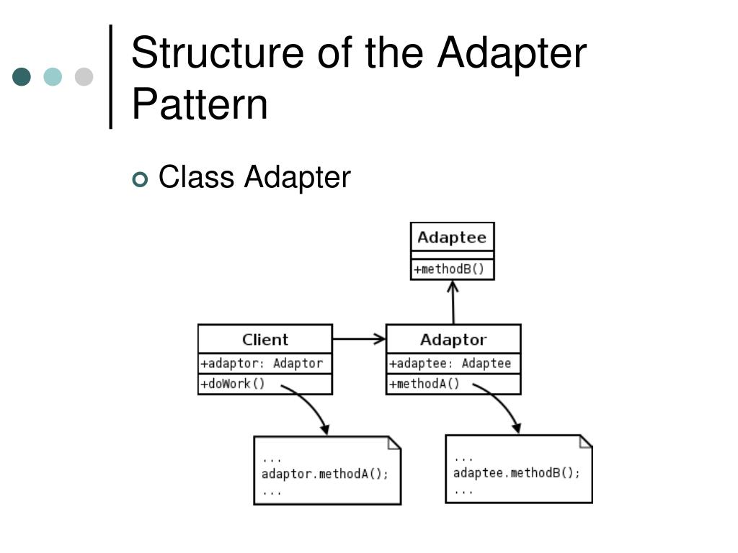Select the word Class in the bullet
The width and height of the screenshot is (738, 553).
click(x=196, y=176)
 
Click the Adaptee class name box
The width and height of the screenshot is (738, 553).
click(x=452, y=238)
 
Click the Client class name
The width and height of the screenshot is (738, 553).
click(x=264, y=339)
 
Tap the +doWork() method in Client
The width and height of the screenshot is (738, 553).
click(x=233, y=384)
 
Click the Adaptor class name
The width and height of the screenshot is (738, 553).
click(x=453, y=339)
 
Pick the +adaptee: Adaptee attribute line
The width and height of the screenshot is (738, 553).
click(x=450, y=364)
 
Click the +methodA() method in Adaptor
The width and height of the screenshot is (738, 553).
click(x=424, y=384)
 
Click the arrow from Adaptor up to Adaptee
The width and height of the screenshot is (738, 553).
click(x=453, y=302)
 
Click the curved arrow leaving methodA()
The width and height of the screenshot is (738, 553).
click(x=503, y=405)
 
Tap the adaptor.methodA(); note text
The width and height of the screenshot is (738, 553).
click(x=324, y=474)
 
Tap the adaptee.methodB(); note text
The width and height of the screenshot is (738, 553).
click(x=516, y=473)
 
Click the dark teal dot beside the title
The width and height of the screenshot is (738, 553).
click(x=22, y=77)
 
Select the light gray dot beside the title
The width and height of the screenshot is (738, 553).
click(x=84, y=77)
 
